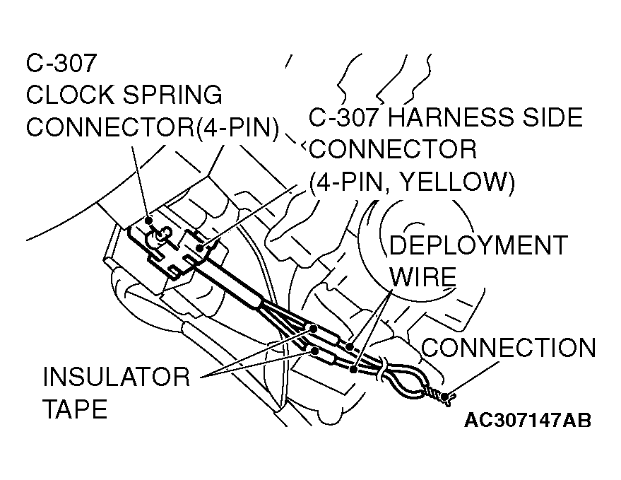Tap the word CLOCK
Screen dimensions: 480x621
[69, 95]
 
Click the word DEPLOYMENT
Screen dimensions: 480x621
[478, 245]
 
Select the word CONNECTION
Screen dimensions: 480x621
[508, 348]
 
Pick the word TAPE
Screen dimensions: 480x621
[76, 409]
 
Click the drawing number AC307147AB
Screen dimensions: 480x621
[528, 420]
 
